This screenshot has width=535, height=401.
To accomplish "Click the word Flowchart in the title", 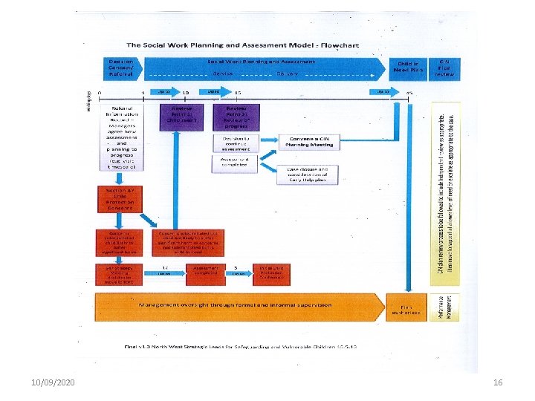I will coord(337,45).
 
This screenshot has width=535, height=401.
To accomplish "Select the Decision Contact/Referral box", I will coord(121,68).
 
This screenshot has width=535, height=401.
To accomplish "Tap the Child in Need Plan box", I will coord(408,68).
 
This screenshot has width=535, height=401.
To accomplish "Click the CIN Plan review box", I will coord(444,68).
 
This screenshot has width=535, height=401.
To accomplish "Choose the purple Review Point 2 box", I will coord(235,116).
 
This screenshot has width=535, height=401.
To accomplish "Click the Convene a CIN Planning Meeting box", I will coord(310,142).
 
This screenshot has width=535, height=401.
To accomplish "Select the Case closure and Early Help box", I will coord(310,174).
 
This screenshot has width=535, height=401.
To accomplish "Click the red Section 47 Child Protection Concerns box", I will coord(115,199).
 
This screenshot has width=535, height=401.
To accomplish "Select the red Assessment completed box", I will coord(206,272).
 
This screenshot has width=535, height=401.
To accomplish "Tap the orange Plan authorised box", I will coord(406,307).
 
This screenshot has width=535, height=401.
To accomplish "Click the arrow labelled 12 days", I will coord(162,271).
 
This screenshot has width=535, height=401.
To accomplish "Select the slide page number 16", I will coord(498,382).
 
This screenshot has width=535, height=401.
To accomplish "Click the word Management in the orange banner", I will coord(163,304).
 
